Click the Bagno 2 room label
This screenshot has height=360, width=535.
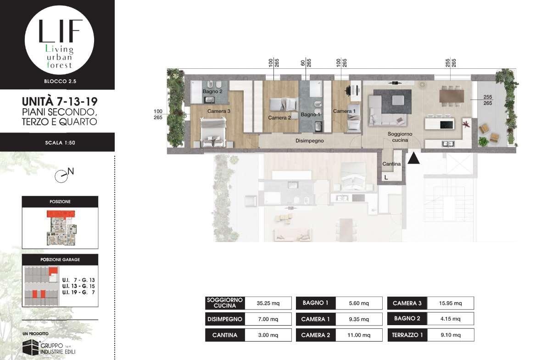point(212,91)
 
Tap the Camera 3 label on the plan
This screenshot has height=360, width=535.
point(219,111)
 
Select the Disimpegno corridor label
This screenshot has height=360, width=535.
point(309,140)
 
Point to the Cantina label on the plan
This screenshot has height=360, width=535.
point(391,164)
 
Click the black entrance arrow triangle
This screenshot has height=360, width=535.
point(413,158)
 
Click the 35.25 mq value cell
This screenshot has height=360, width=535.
point(268,303)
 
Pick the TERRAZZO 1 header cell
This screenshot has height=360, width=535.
point(407,335)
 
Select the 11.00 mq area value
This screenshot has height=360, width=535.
point(359,335)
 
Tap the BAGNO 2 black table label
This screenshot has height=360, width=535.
point(407,319)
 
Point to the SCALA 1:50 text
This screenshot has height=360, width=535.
point(60,143)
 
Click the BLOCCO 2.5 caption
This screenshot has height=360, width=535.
point(60,81)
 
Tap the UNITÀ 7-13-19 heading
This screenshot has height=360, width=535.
point(60,101)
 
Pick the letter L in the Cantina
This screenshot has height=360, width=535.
point(386,177)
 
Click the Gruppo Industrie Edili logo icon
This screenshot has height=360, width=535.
point(30,347)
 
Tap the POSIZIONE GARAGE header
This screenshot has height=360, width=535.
point(60,260)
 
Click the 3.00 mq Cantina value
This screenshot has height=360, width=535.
point(268,335)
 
